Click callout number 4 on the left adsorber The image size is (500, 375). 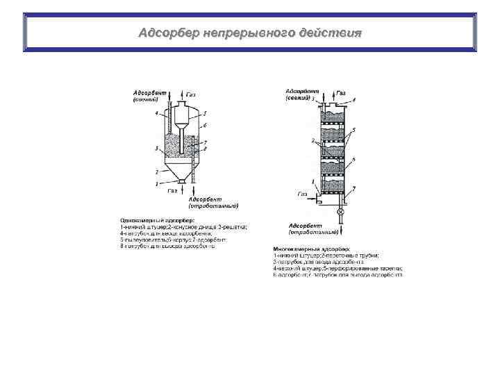click(x=156, y=112)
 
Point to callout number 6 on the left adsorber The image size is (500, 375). click(x=204, y=125)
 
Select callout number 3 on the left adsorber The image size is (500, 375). click(x=157, y=148)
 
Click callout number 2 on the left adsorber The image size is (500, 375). click(x=157, y=170)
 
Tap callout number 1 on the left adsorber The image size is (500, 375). click(x=157, y=183)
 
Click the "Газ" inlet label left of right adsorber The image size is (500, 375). click(x=303, y=194)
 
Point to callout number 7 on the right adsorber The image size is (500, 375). click(x=356, y=189)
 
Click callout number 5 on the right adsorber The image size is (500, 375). click(x=354, y=130)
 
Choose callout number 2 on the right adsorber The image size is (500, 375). click(x=313, y=141)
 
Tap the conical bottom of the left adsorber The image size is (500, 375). click(x=181, y=174)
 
